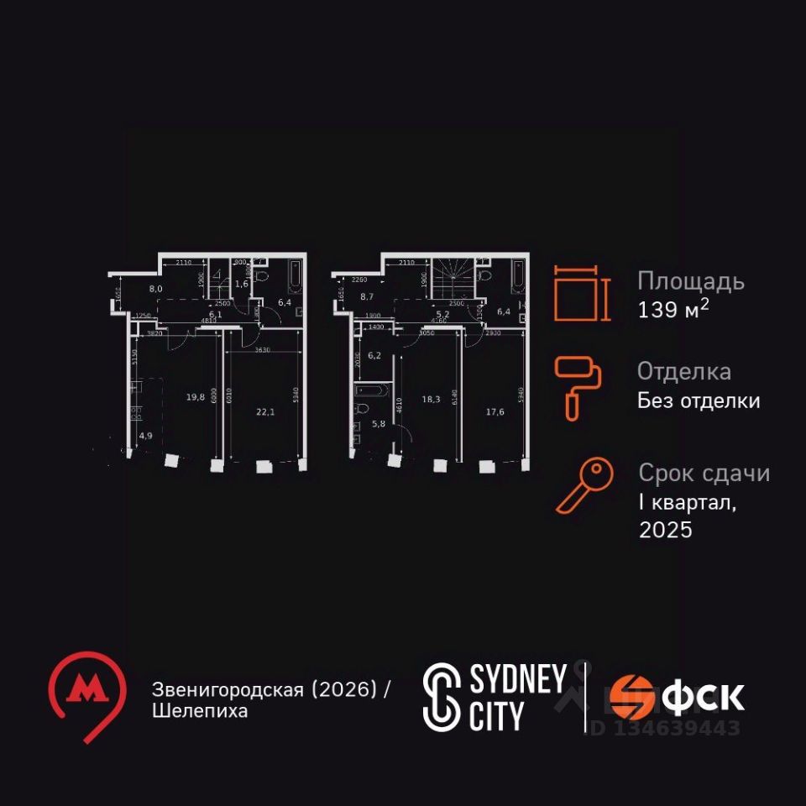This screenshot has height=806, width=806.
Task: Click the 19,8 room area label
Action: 196,398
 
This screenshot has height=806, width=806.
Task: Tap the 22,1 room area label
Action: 266,411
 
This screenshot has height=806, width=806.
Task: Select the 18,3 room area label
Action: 432,400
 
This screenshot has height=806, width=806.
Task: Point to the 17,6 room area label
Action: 495,411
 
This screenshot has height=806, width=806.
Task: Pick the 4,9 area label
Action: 146,435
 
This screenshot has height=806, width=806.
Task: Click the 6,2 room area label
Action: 374,356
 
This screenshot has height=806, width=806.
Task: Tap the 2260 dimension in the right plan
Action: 360,280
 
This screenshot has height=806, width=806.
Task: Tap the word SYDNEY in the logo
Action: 518,680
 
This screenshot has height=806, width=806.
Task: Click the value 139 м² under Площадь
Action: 673,309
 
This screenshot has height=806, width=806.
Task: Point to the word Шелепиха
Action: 200,711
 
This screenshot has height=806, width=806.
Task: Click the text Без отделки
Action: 699,400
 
